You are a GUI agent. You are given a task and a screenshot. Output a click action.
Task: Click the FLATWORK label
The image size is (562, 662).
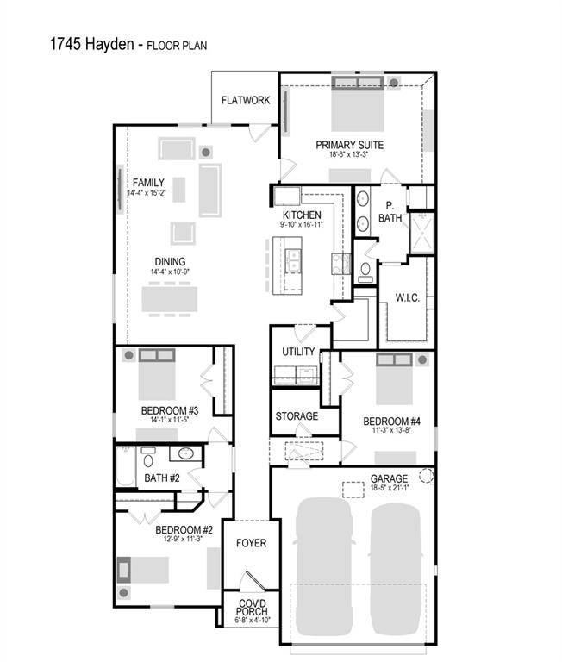(x=246, y=101)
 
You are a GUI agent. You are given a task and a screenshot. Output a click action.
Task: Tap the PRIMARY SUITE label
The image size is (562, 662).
(x=349, y=145)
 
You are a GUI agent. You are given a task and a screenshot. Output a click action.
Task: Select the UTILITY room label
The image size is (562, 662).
(x=299, y=352)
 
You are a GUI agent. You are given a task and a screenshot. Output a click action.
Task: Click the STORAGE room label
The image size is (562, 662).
(x=297, y=416)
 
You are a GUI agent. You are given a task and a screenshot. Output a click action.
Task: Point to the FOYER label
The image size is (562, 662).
(x=251, y=544)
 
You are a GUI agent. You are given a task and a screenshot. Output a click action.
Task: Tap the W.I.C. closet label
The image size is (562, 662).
(x=408, y=298)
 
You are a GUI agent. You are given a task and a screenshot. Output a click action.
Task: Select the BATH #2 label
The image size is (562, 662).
(x=161, y=478)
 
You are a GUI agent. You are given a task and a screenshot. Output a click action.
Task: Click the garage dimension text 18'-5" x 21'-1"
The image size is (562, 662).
(x=389, y=489)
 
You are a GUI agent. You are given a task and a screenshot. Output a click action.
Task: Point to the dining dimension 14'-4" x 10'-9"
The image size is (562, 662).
(x=170, y=272)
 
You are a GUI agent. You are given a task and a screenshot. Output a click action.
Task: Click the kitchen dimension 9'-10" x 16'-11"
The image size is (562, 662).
(x=302, y=225)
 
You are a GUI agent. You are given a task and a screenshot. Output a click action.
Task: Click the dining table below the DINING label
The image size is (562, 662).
(x=170, y=297)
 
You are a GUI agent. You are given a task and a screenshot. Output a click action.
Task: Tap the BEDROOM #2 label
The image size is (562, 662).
(x=184, y=530)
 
